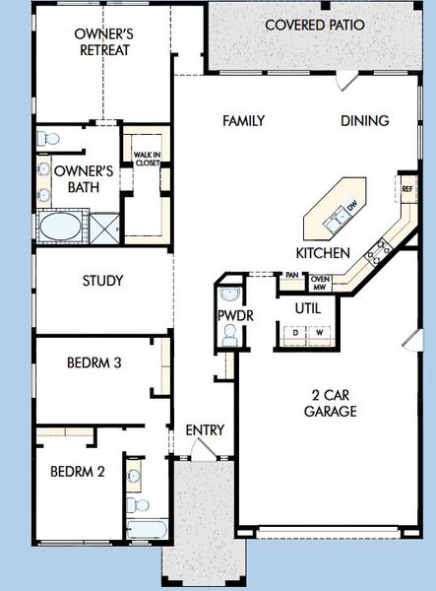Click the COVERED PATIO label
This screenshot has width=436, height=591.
(314, 24)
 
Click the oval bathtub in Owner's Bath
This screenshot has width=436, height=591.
(61, 228)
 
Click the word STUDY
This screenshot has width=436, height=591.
(101, 281)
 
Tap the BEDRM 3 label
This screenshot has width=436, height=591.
(93, 363)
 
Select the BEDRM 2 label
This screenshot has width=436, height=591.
(77, 470)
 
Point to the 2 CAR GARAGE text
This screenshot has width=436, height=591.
(330, 402)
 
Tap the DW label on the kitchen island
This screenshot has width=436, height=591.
(350, 207)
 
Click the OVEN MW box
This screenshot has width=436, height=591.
(320, 283)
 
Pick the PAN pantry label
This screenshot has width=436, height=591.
(292, 277)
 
